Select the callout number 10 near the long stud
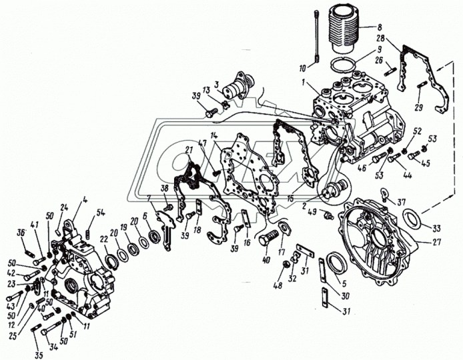pyautogui.click(x=304, y=67)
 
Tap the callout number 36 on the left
pyautogui.click(x=21, y=233)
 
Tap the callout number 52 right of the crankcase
pyautogui.click(x=417, y=131)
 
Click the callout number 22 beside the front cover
pyautogui.click(x=104, y=240)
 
